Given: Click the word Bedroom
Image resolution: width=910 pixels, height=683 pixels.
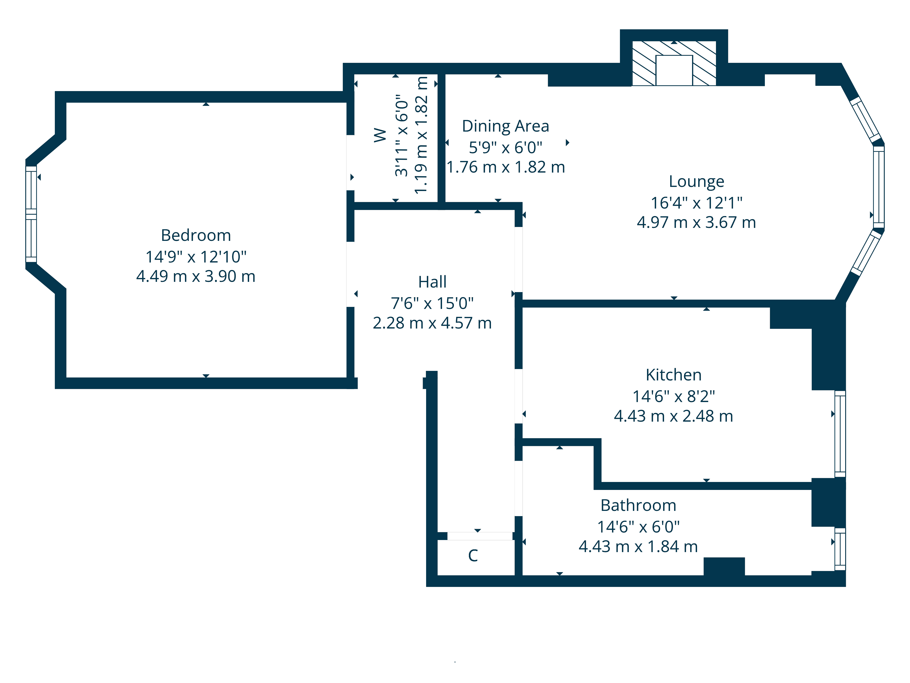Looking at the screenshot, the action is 196,235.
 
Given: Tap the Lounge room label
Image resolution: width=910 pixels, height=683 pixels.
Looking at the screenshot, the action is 696,181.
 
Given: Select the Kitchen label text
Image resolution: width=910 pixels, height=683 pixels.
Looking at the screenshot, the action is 673,375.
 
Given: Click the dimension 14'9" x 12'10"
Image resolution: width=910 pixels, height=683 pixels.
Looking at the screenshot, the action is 196,257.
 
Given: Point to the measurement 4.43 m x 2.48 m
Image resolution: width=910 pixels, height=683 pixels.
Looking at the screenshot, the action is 673,416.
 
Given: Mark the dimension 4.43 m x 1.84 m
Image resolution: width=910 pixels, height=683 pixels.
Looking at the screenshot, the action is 638,547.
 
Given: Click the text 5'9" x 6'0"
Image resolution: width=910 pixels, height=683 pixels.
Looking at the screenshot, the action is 506,147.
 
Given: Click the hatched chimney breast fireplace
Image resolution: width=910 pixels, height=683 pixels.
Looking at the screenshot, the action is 674,63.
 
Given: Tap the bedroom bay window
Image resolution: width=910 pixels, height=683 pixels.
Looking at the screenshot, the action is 31,214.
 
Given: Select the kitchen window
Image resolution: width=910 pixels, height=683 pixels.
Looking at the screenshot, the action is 840,434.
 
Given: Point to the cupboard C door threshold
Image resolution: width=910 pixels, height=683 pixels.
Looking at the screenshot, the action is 480,536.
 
